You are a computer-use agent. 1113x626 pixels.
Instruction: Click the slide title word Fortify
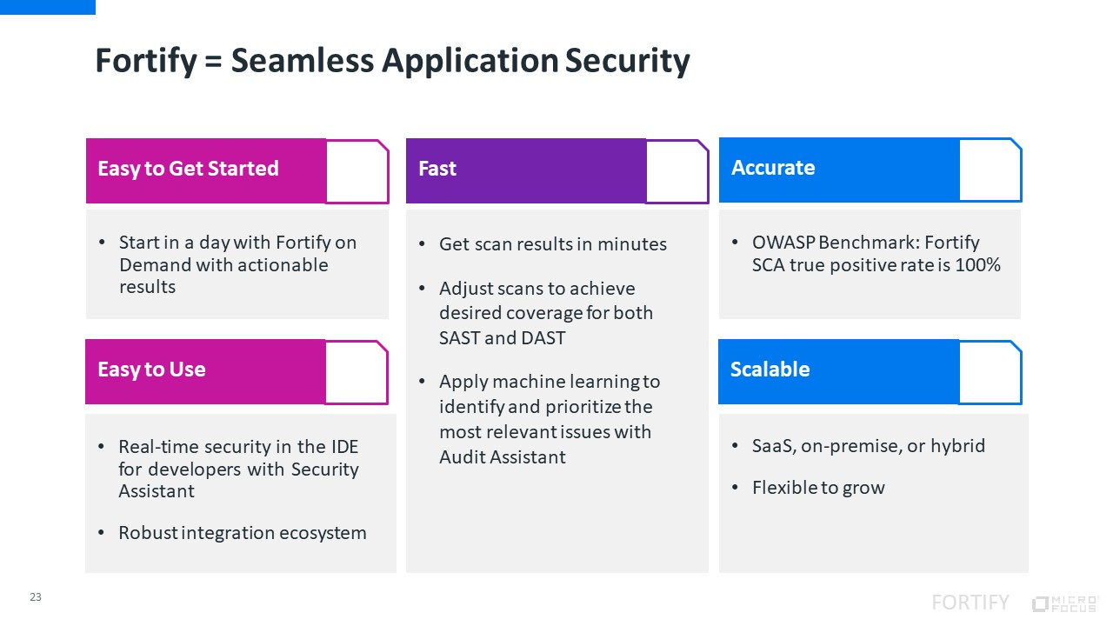pos(146,62)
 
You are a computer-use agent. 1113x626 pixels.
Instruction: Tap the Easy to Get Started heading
pos(188,169)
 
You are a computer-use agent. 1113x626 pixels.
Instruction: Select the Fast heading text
pos(437,169)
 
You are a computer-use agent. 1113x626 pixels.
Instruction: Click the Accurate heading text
pos(773,168)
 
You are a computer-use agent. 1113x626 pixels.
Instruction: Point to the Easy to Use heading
pos(151,370)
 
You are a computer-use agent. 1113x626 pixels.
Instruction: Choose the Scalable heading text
pos(770,370)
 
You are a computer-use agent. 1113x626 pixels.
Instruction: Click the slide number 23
pos(36,597)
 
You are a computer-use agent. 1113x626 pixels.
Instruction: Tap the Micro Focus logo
pos(1065,603)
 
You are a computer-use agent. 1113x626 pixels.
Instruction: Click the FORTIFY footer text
pos(970,603)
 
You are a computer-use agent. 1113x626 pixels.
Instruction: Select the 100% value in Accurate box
pos(977,264)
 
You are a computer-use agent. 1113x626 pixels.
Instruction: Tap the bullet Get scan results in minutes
pos(552,244)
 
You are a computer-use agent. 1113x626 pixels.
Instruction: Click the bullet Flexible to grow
pos(818,488)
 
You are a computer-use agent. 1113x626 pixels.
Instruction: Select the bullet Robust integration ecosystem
pos(243,533)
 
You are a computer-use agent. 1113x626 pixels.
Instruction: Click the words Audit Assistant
pos(503,456)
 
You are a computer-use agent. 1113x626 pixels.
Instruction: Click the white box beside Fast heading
pos(676,171)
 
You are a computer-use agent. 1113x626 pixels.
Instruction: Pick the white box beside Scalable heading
pos(990,372)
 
